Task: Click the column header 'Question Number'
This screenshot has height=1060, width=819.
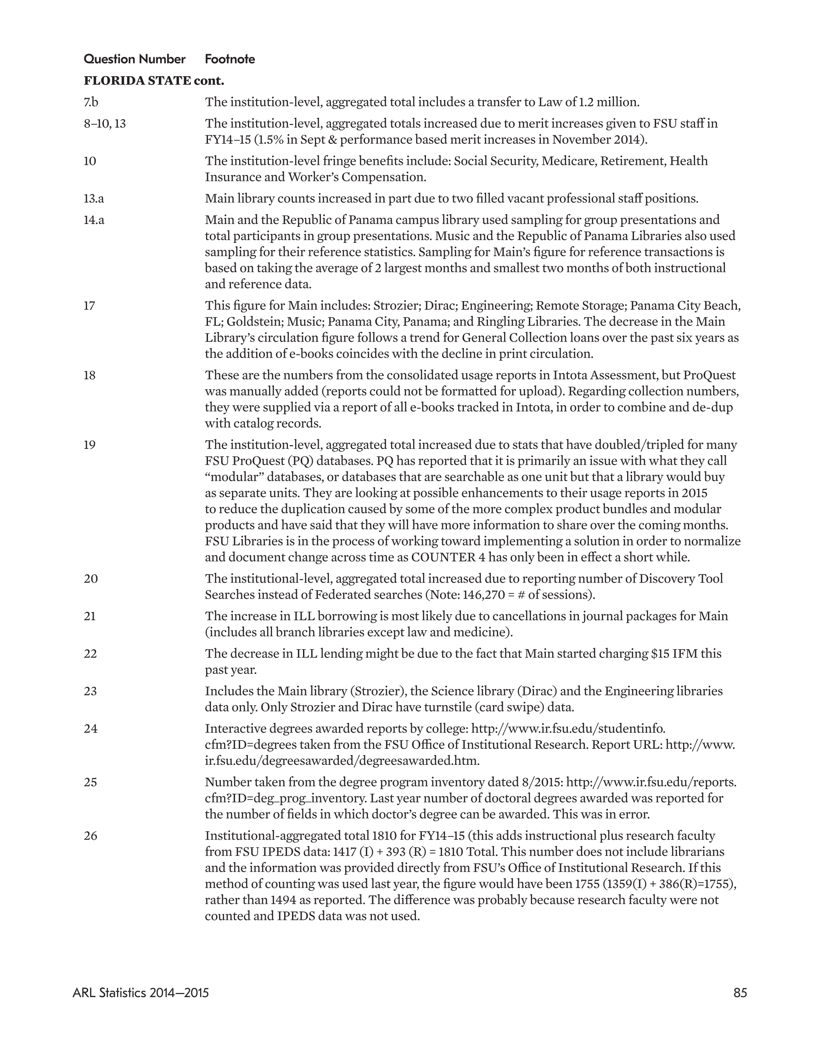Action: click(135, 59)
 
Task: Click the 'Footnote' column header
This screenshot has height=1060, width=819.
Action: click(230, 59)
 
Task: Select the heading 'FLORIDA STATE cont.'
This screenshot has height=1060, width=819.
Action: click(154, 81)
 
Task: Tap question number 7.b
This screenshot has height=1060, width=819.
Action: click(91, 102)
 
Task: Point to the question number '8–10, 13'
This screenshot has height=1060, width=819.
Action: click(104, 124)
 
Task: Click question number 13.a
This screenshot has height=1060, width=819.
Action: click(94, 198)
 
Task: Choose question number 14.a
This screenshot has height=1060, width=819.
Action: click(94, 220)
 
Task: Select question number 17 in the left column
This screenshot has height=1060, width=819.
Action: click(90, 306)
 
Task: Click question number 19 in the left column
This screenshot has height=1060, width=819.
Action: click(90, 445)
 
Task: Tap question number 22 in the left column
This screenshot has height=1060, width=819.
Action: click(90, 654)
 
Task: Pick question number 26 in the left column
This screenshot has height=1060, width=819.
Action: click(90, 836)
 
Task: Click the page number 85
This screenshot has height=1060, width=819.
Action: click(740, 993)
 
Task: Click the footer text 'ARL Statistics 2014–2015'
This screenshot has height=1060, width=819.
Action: click(141, 993)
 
